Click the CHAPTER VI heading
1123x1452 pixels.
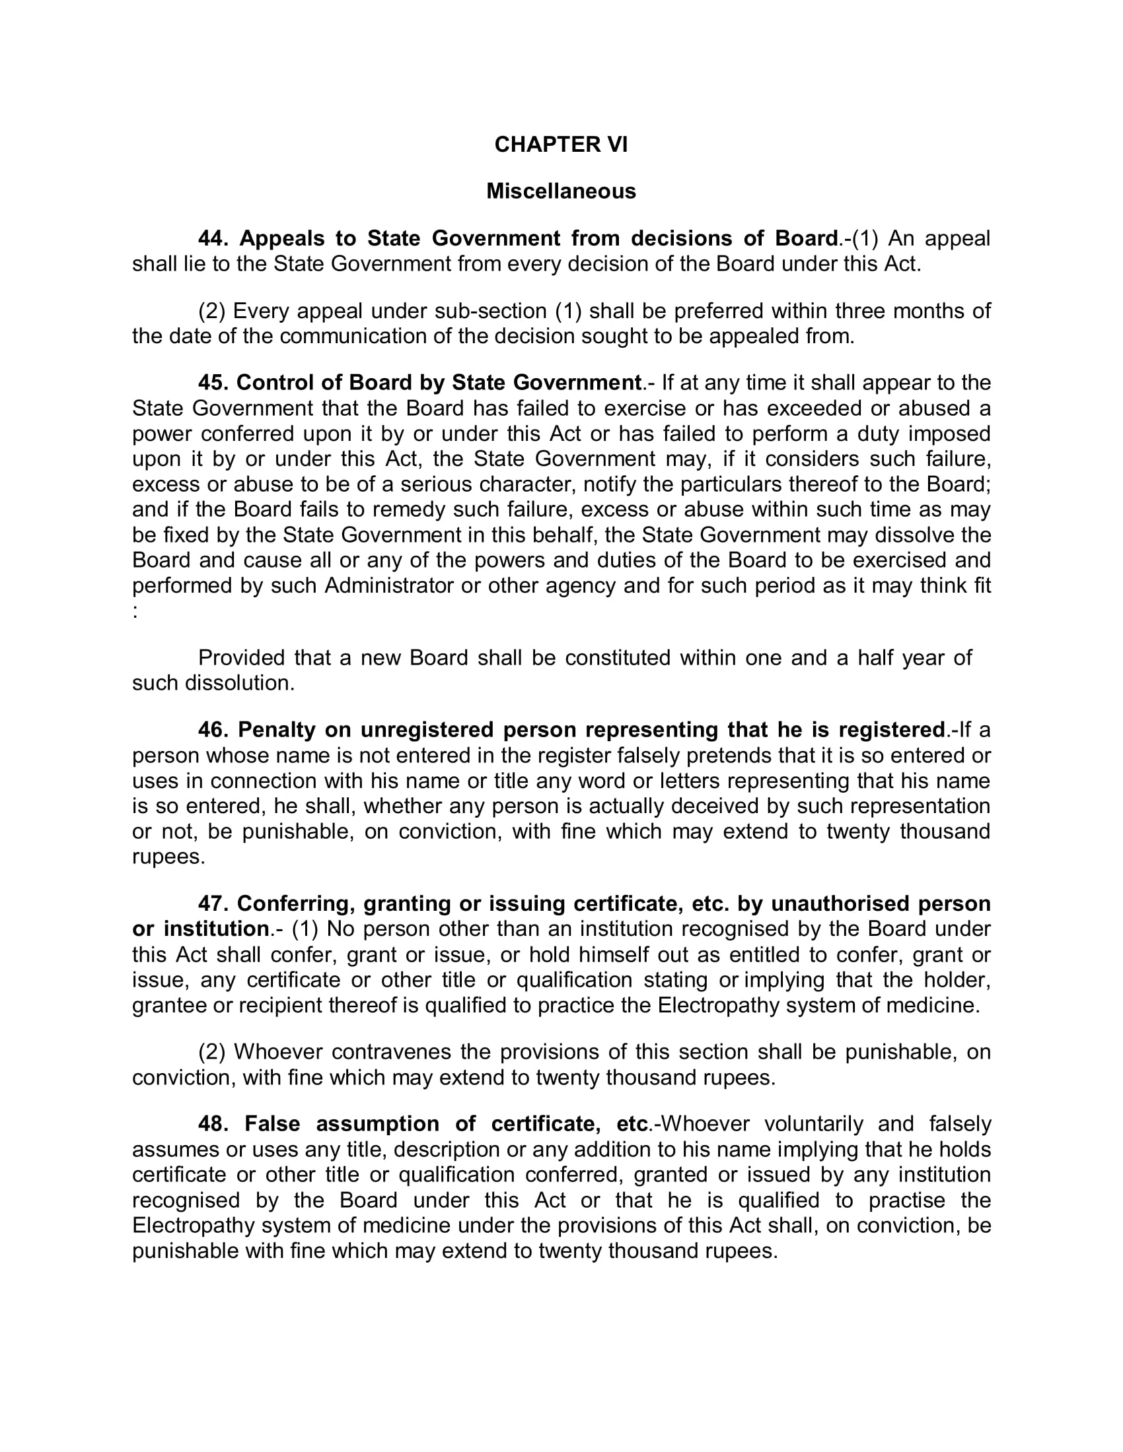(561, 145)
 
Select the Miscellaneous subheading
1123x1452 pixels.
(561, 191)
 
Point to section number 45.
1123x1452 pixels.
(212, 383)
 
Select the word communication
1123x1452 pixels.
(353, 337)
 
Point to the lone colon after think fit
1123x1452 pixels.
(135, 612)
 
